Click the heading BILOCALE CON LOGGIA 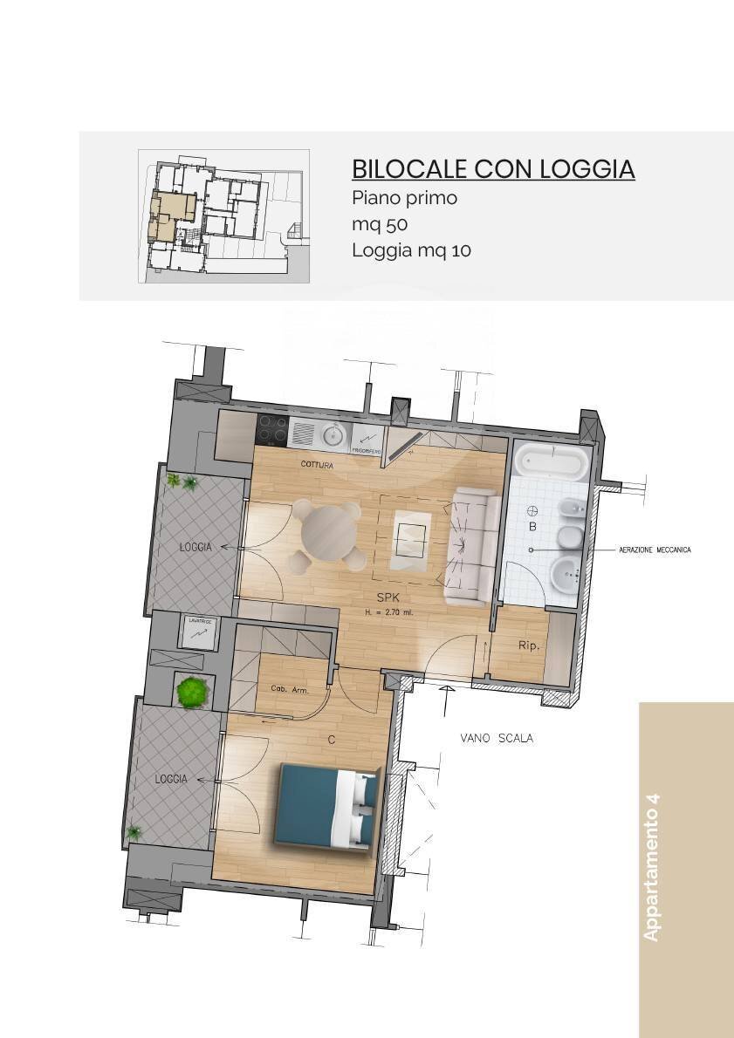tap(492, 168)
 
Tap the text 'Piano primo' tap(404, 198)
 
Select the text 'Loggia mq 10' tap(411, 250)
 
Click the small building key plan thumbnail tap(223, 216)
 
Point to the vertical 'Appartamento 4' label tap(652, 867)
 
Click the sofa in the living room tap(470, 547)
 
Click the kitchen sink tap(332, 434)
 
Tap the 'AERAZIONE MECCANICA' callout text tap(654, 550)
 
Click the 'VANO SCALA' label tap(497, 738)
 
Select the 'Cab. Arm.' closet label tap(289, 690)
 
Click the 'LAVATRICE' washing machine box tap(198, 632)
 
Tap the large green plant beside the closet tap(191, 692)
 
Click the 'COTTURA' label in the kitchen tap(317, 465)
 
